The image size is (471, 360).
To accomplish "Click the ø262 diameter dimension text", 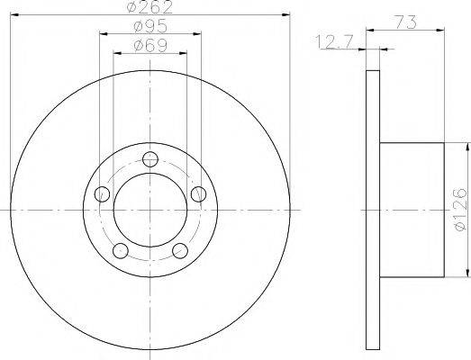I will [150, 8].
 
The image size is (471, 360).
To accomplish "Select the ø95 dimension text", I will [149, 27].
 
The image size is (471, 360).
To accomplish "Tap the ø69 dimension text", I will [149, 45].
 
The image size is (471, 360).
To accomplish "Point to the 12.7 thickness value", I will [334, 40].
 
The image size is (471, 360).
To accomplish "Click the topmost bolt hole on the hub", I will [150, 160].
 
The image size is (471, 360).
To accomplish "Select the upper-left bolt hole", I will [103, 194].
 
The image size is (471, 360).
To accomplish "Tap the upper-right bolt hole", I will [198, 193].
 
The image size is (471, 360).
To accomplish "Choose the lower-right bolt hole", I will [180, 250].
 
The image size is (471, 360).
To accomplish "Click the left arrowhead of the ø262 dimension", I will [13, 15].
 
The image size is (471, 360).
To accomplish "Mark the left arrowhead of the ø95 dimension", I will [102, 34].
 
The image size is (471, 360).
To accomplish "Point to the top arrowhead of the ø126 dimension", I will [466, 146].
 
